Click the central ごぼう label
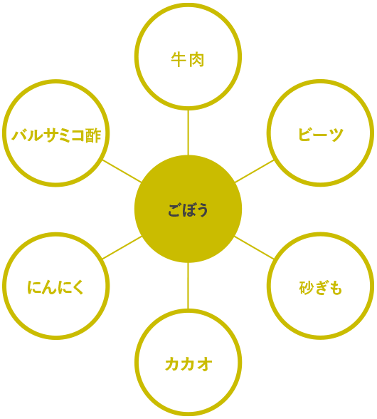click(x=188, y=210)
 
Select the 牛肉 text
click(x=188, y=60)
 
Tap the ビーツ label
click(x=320, y=134)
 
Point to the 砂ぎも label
click(x=320, y=288)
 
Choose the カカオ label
click(x=188, y=364)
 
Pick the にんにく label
click(x=55, y=288)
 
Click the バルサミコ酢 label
click(x=56, y=135)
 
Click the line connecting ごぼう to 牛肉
click(x=188, y=133)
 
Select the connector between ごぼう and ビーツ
click(x=254, y=171)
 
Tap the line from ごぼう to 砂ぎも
click(x=254, y=247)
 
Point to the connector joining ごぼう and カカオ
click(x=188, y=286)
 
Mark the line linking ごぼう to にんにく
click(x=122, y=247)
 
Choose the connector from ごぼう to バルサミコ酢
click(x=122, y=171)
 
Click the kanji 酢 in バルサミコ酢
click(x=94, y=135)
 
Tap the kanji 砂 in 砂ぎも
click(x=306, y=288)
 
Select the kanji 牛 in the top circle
click(x=179, y=60)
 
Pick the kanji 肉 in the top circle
click(x=197, y=60)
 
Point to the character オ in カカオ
click(x=204, y=364)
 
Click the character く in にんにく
click(x=78, y=288)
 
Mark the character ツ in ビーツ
click(x=336, y=135)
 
